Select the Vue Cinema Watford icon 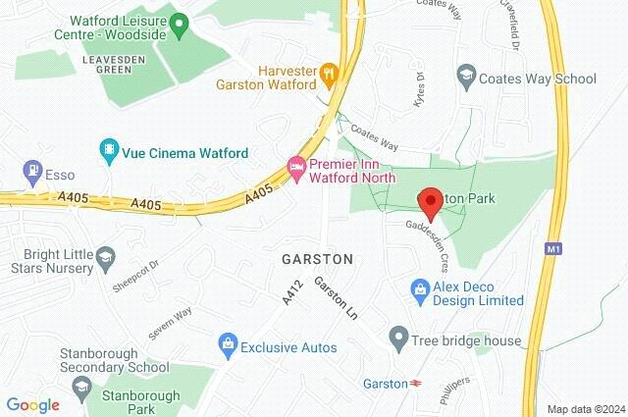[109, 152]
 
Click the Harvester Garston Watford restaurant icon [330, 72]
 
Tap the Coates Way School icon [466, 78]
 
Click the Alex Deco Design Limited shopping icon [420, 289]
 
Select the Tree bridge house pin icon [398, 339]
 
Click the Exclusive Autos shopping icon [228, 346]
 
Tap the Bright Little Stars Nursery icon [104, 257]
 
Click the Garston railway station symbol [417, 383]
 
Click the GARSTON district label [316, 259]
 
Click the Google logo [33, 404]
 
